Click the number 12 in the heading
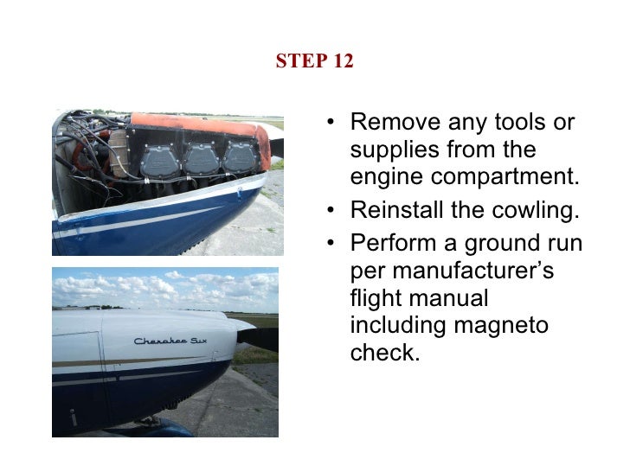tap(342, 62)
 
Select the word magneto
tap(511, 327)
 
